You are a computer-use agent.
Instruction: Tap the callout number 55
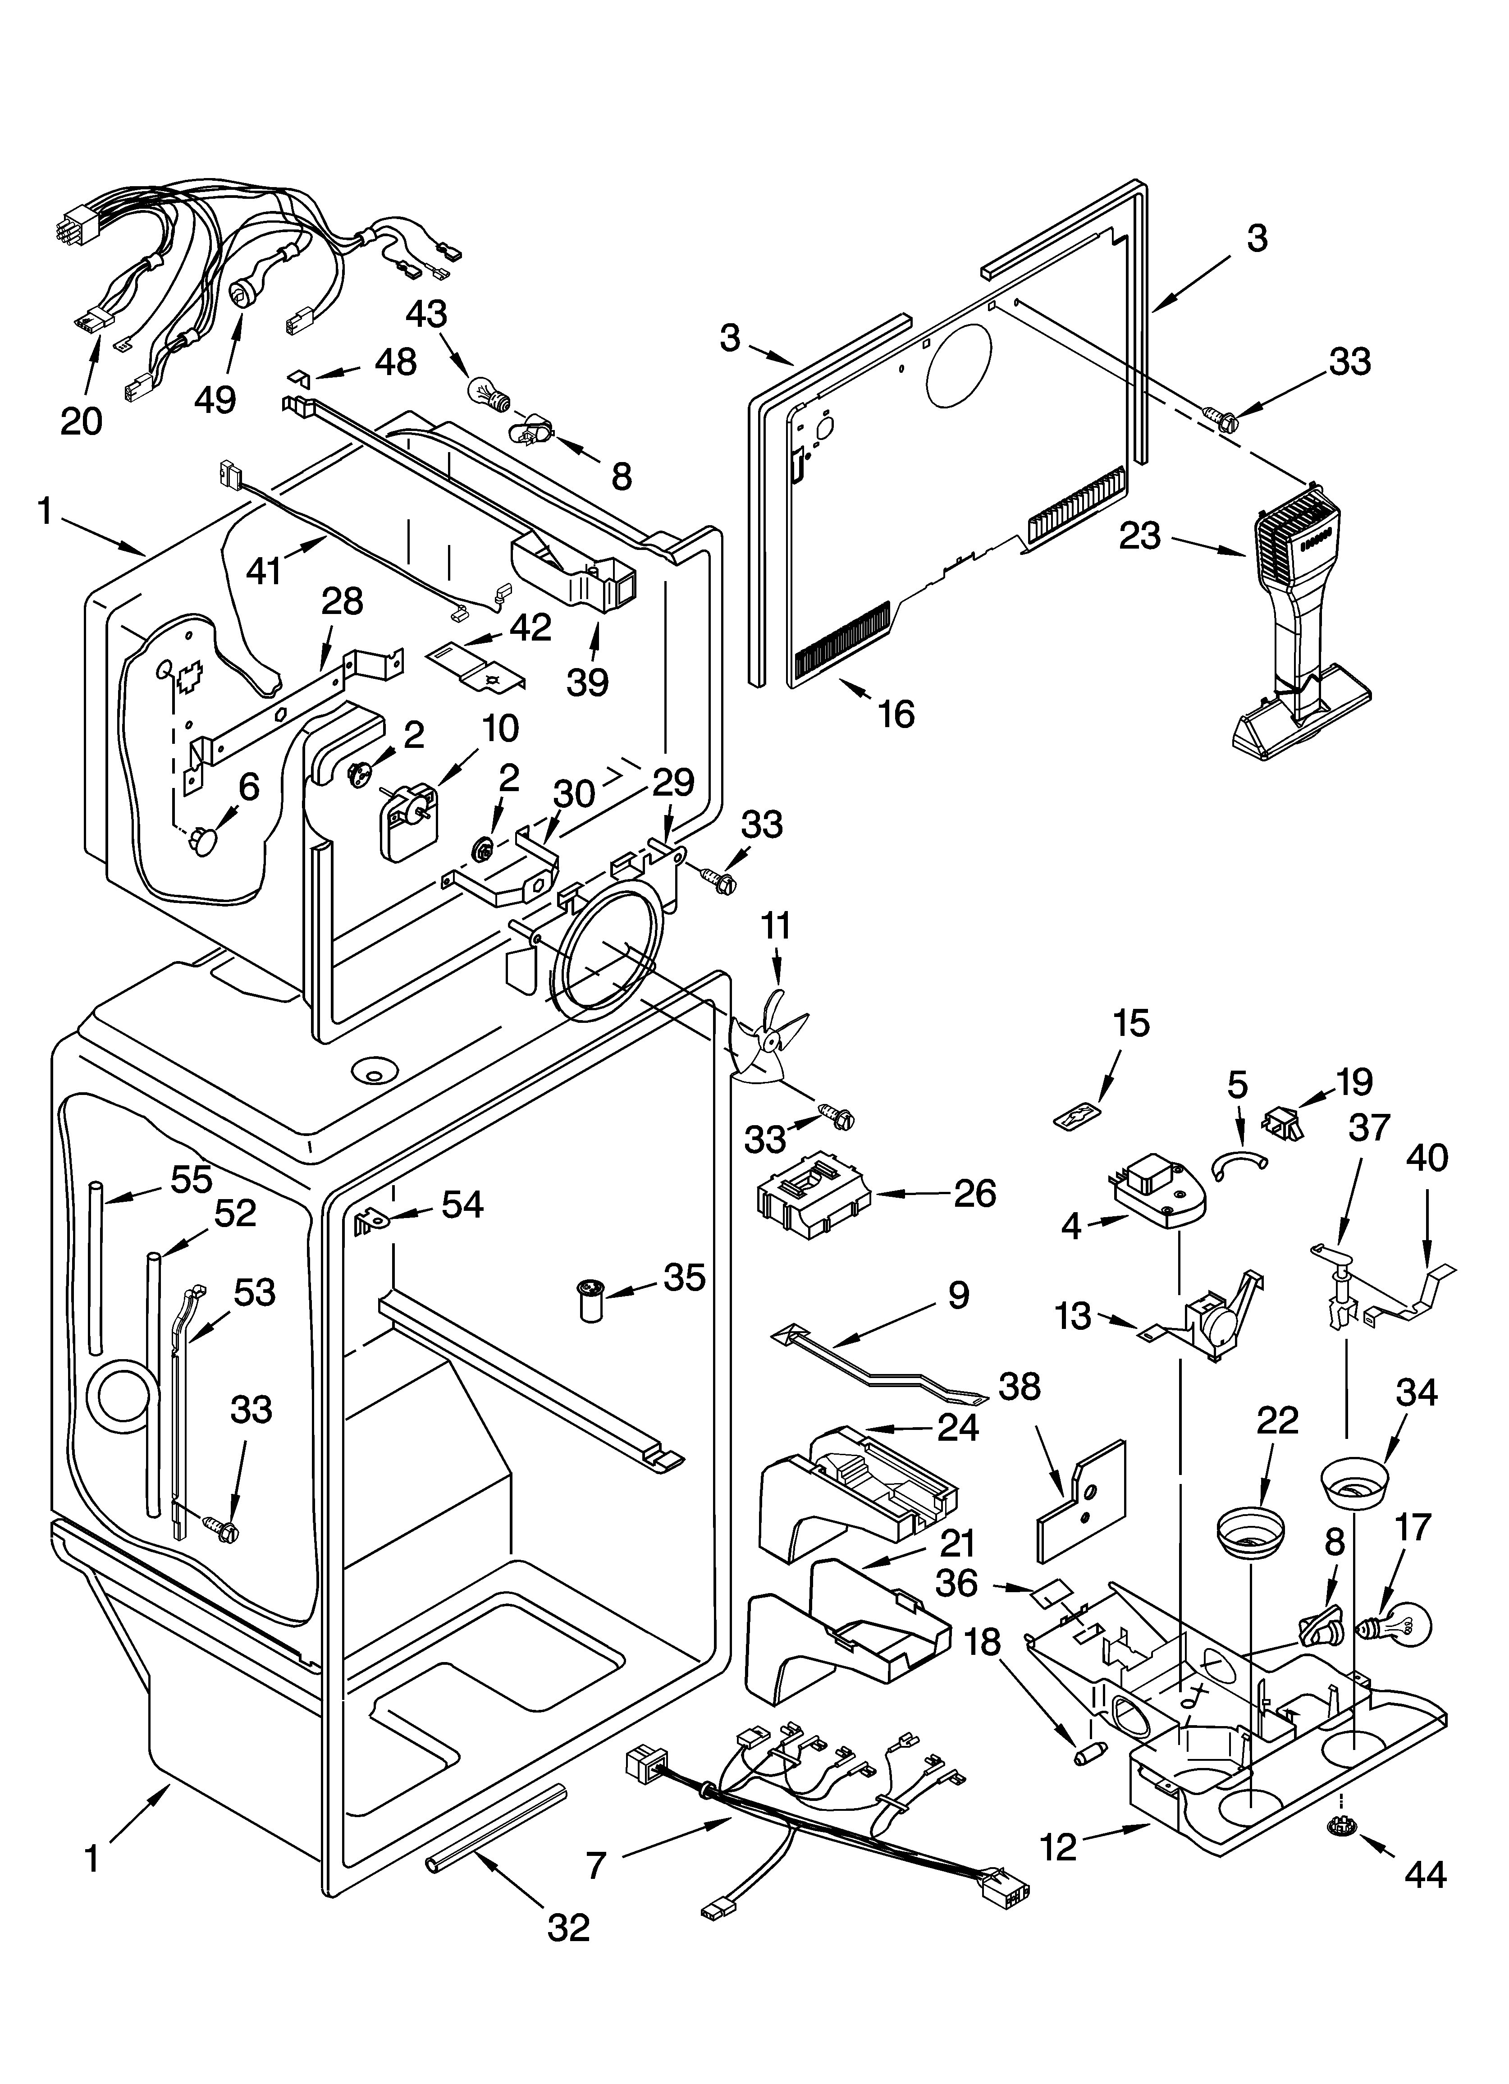[x=192, y=1179]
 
